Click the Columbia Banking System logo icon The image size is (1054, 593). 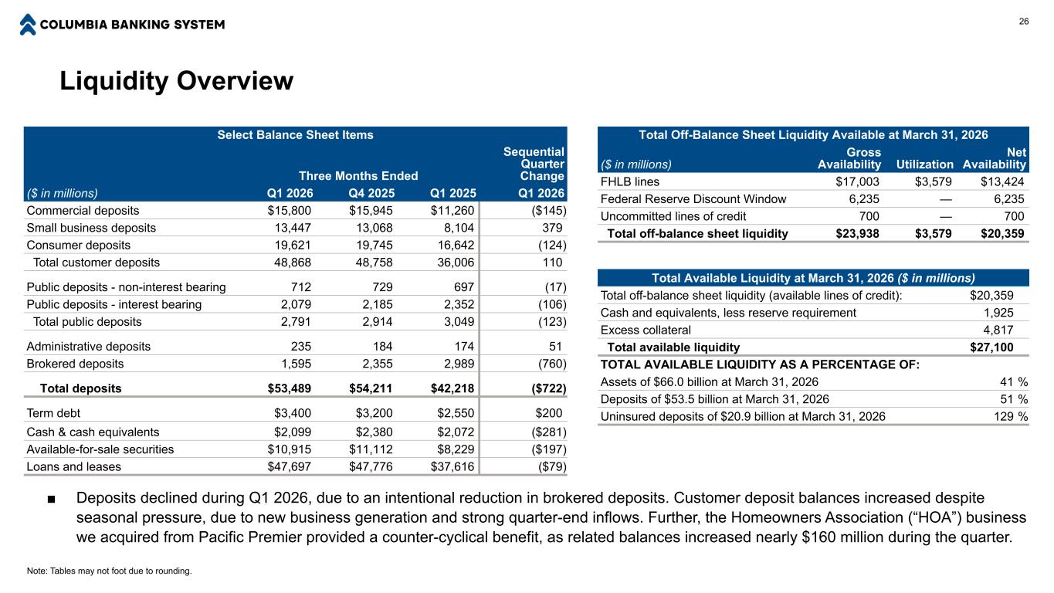pos(28,24)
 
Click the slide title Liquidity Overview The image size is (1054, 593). pos(177,80)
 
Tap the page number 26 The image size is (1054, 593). pos(1024,21)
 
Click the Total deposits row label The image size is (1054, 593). pos(80,388)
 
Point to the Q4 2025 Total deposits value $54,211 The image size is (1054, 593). pos(374,388)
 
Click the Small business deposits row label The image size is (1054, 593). pos(91,228)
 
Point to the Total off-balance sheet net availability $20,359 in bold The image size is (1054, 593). pos(1002,233)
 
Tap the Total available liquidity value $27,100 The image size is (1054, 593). pos(991,347)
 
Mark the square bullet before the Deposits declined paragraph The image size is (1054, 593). pos(50,497)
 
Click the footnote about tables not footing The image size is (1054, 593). pos(108,571)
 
